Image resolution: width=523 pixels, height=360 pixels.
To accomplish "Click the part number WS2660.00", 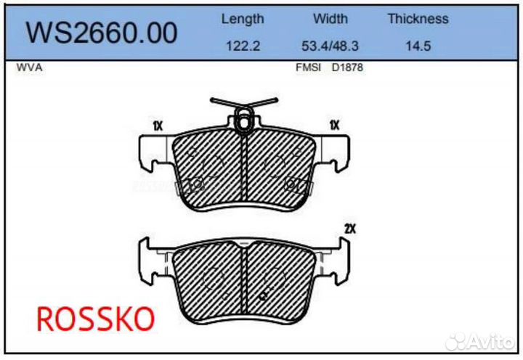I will click(102, 32).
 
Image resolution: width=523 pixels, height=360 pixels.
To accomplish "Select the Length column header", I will click(243, 19).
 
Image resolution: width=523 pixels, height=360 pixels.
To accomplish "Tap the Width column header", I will click(330, 19).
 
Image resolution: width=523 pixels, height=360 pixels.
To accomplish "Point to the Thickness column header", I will click(418, 19).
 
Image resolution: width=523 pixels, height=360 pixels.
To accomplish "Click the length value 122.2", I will click(243, 45).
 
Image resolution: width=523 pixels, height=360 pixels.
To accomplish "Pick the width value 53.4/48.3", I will click(330, 45).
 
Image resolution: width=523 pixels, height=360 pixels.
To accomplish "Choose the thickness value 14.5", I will click(418, 45).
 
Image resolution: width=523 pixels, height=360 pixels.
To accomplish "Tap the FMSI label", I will click(309, 67).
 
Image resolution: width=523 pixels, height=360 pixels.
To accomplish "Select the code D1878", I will click(347, 67).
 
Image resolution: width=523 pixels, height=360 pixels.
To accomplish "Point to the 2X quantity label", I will click(351, 229).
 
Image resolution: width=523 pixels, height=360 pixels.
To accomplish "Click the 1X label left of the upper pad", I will click(158, 126).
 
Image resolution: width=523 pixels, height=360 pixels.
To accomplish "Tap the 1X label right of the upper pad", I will click(334, 126).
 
